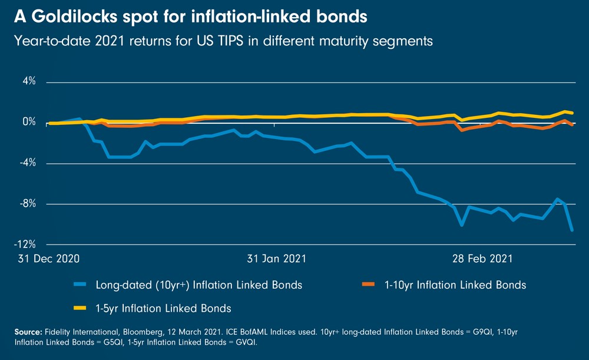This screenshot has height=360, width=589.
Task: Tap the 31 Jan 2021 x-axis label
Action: coord(276,259)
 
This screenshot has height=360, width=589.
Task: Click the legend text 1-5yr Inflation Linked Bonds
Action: coord(163,308)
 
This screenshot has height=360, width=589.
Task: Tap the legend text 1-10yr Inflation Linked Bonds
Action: coord(455,285)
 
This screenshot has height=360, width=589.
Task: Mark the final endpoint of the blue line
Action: coord(573,230)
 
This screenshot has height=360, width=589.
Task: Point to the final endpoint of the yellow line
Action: coord(573,113)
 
